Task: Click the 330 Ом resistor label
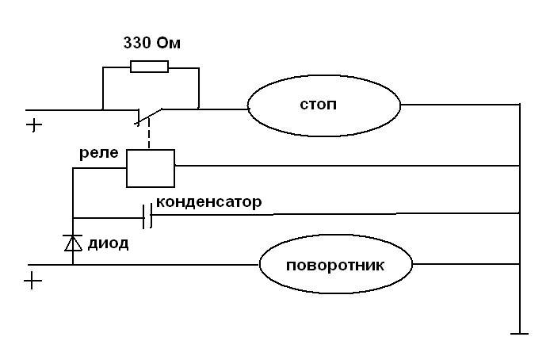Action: tap(151, 42)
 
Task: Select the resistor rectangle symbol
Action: tap(149, 67)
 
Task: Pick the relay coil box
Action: tap(150, 168)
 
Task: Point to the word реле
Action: tap(99, 153)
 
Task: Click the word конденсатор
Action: tap(208, 201)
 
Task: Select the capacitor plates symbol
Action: tap(147, 214)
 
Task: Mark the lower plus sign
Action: tap(32, 281)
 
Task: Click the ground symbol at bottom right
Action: tap(520, 332)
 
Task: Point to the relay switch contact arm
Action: tap(149, 116)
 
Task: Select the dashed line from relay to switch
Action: tap(149, 137)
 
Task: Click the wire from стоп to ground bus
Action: tap(460, 104)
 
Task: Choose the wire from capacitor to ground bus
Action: tap(333, 213)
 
